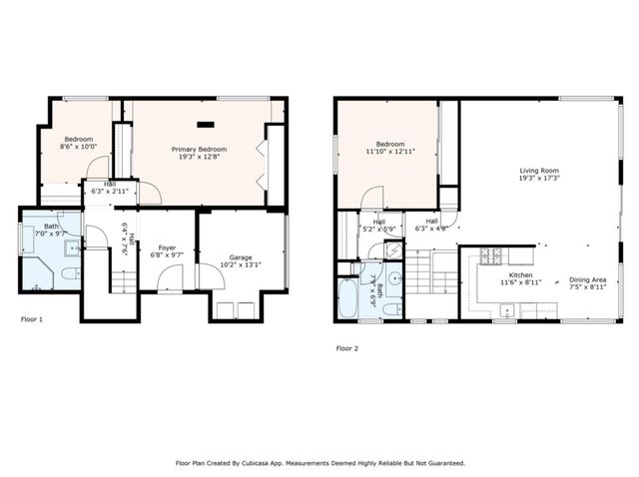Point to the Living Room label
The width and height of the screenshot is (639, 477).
point(538,171)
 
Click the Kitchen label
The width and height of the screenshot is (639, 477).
point(521,274)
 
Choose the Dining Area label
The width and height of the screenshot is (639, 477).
point(587,279)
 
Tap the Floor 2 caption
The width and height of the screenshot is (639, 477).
point(346,348)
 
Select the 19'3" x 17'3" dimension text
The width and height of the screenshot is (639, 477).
point(538,179)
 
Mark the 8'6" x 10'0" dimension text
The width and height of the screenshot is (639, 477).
point(79,147)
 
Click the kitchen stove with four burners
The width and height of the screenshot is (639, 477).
point(491,256)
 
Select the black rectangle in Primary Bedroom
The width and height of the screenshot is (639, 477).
point(207,125)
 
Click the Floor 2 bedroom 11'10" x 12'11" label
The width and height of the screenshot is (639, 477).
point(386,146)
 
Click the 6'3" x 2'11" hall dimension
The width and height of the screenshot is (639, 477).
point(110,191)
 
